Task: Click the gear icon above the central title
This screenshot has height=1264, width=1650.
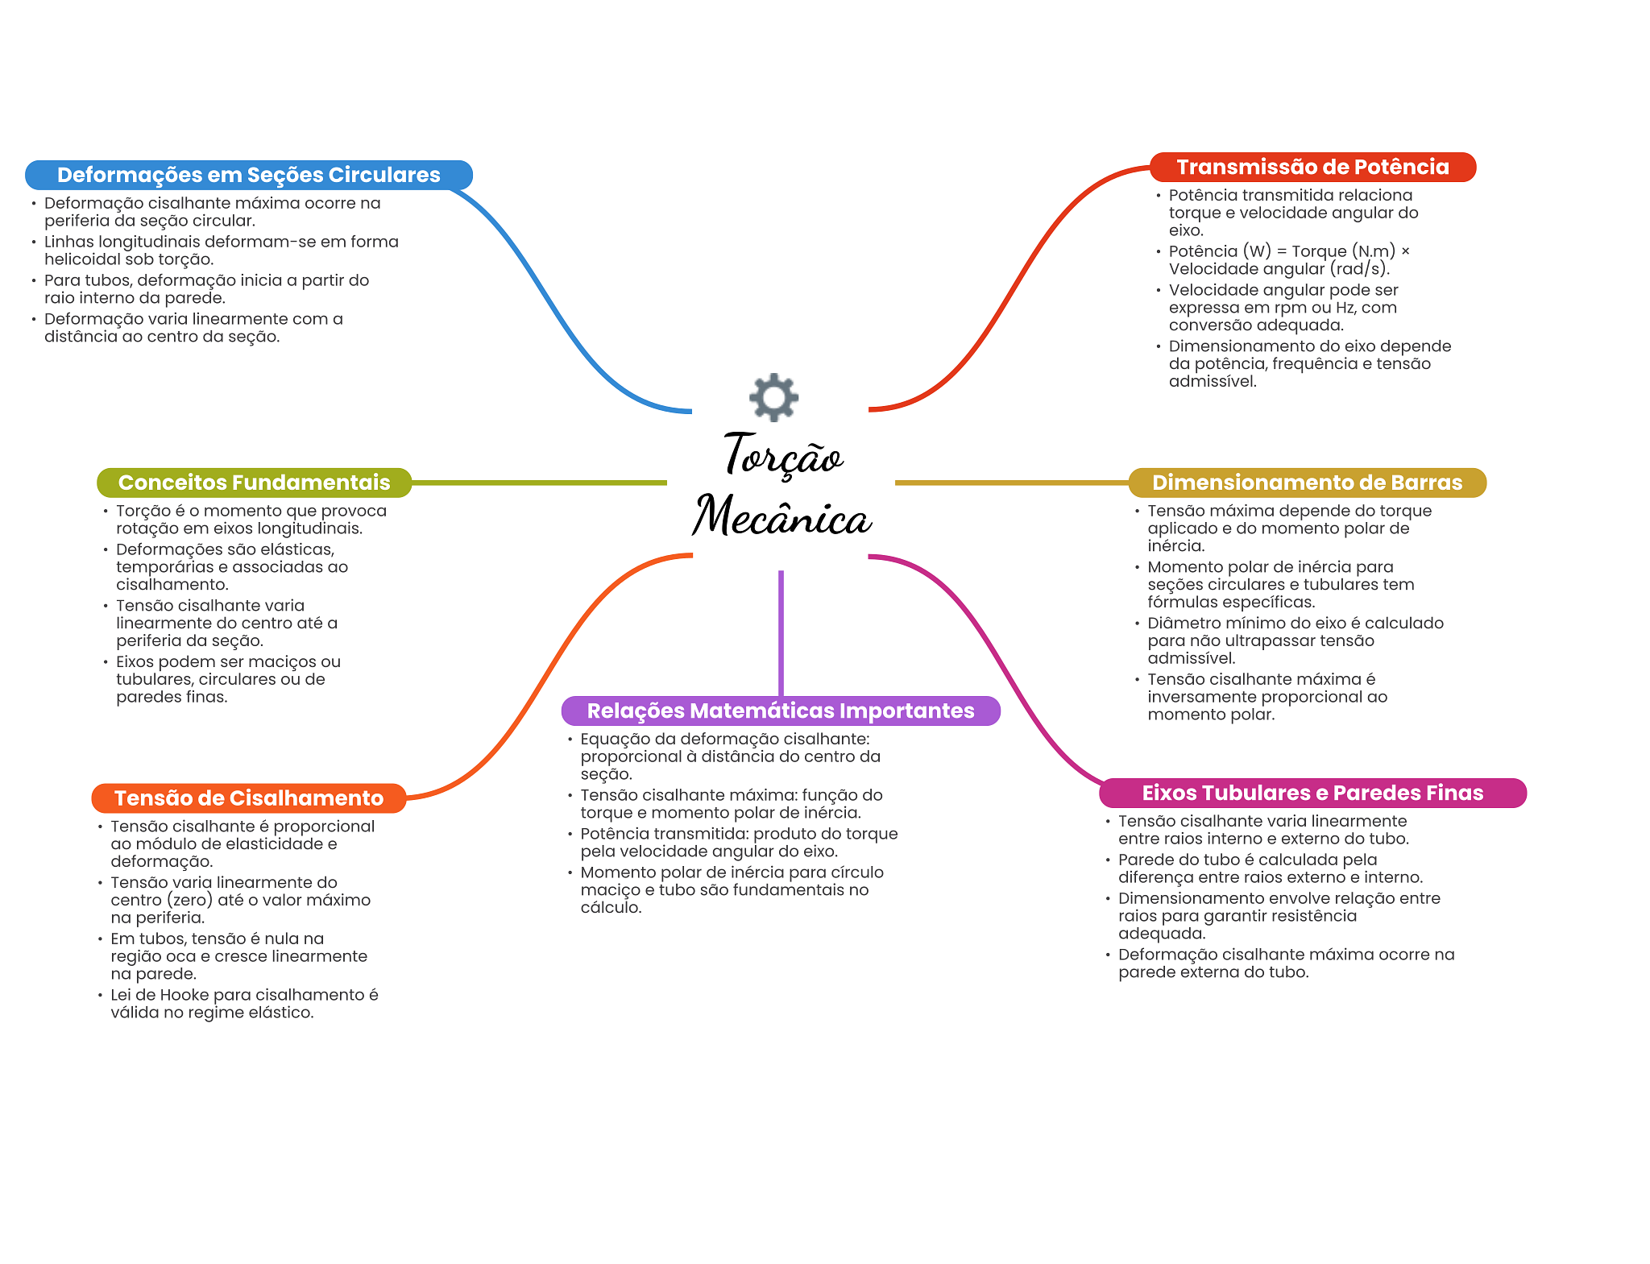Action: coord(773,396)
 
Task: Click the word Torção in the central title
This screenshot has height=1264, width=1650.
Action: coord(783,455)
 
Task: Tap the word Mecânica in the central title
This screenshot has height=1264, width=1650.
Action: coord(782,516)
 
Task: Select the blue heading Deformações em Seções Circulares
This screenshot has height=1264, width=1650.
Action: coord(249,175)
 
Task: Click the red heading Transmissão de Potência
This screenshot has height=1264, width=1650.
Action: coord(1312,167)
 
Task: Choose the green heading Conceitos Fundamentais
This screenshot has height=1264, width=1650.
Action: coord(254,483)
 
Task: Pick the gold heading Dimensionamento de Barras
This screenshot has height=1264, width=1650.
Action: coord(1307,483)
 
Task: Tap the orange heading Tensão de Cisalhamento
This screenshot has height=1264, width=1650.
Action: coord(249,798)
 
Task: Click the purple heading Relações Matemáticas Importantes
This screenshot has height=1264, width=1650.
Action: coord(781,711)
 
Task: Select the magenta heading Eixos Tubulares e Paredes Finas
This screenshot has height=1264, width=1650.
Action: coord(1312,793)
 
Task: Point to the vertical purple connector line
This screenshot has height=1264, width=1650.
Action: coord(781,633)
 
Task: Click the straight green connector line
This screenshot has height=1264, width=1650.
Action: coord(539,483)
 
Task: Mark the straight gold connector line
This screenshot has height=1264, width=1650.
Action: coord(1012,483)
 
